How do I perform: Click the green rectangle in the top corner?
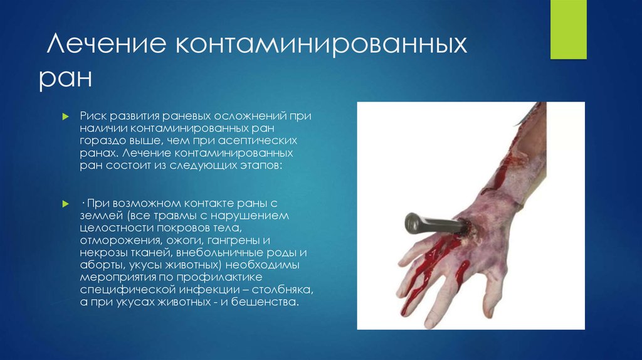coord(568,29)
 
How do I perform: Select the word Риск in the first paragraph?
coord(93,117)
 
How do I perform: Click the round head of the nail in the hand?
coord(413,222)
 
